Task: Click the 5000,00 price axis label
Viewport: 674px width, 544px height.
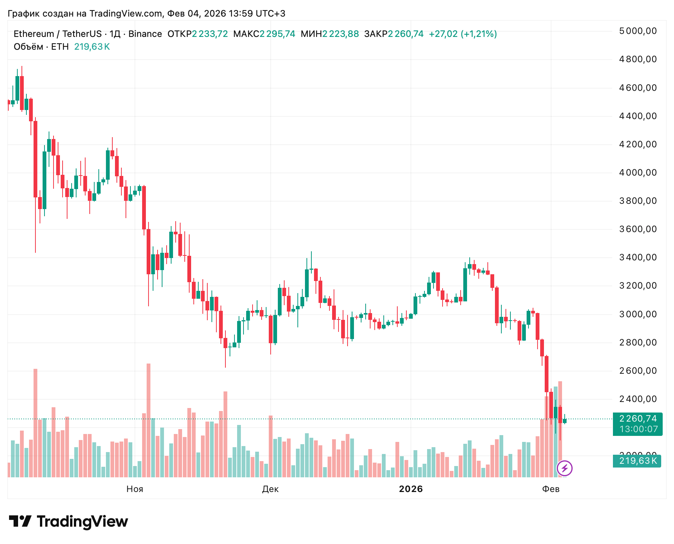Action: (x=638, y=31)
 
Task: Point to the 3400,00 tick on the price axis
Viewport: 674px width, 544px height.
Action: (x=638, y=257)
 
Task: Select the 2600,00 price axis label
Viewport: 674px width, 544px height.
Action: (x=638, y=371)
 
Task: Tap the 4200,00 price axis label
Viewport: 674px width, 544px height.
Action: (x=638, y=144)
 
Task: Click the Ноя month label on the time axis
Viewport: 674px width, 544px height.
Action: (x=135, y=489)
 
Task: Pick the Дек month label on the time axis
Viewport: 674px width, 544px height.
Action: (x=270, y=489)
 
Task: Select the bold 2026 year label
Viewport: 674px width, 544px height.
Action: (x=411, y=489)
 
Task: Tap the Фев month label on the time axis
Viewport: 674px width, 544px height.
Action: (x=551, y=489)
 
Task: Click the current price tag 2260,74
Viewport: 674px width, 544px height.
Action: (x=638, y=419)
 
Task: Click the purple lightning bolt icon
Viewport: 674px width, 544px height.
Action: (x=565, y=469)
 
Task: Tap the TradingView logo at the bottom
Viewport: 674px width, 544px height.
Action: (x=68, y=522)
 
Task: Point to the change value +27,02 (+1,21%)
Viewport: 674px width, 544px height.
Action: (x=463, y=34)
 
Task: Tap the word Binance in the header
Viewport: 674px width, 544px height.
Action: (x=145, y=34)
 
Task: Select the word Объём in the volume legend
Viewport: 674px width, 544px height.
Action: (x=28, y=47)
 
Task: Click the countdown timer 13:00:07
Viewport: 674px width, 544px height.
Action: (x=638, y=429)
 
